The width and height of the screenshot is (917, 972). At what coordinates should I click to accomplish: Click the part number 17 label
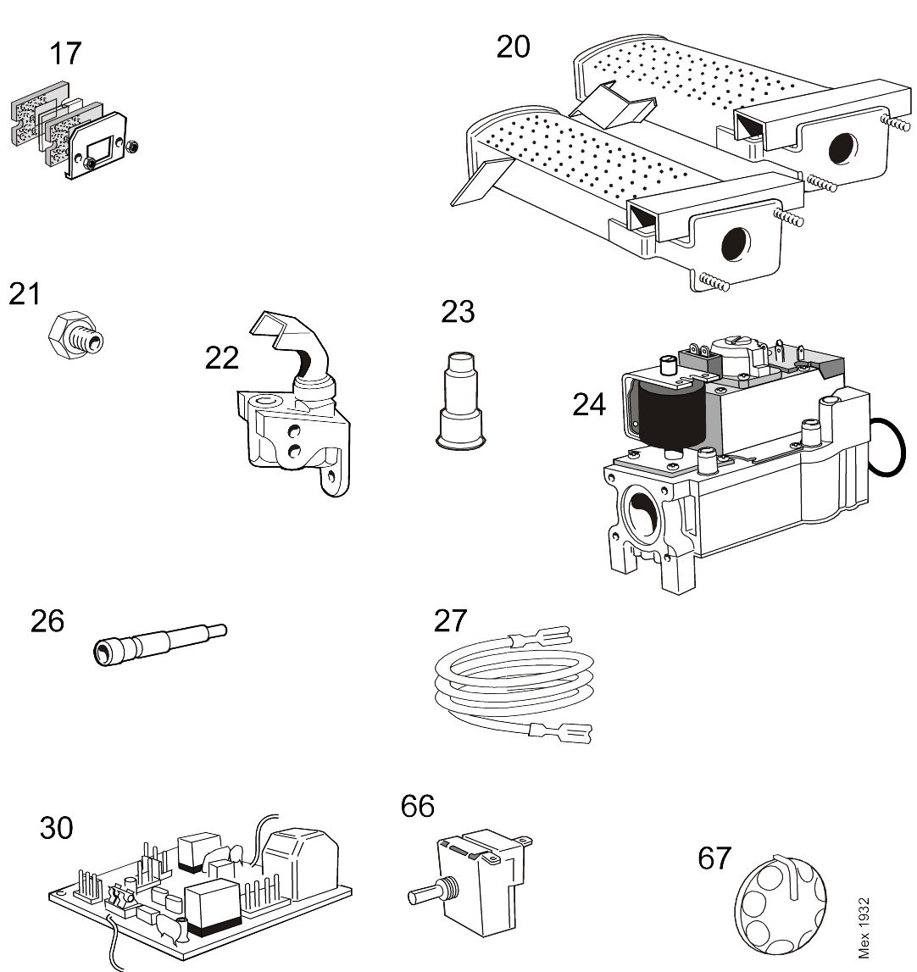65,53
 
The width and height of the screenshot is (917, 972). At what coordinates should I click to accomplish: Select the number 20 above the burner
513,47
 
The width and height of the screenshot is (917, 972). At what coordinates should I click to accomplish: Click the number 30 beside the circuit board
57,828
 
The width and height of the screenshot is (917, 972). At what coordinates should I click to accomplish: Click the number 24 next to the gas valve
589,405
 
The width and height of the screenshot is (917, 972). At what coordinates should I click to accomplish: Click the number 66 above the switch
417,805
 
